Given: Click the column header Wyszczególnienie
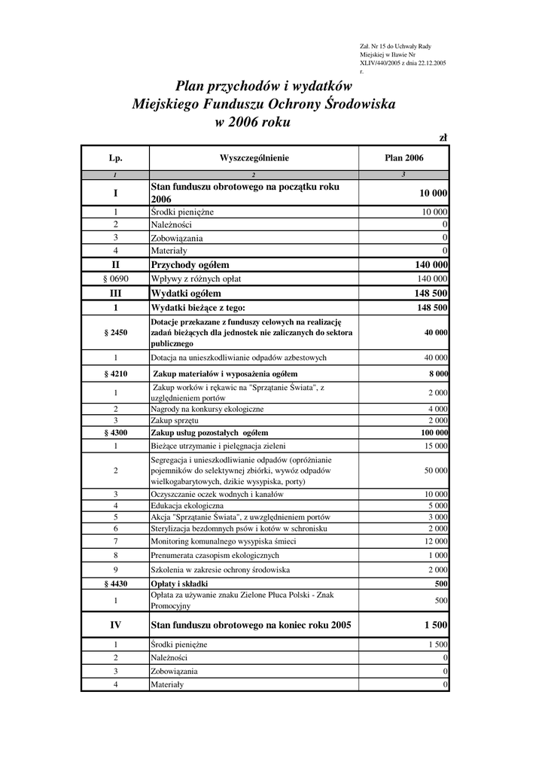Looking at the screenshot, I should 254,158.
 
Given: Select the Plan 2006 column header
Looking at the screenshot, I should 404,158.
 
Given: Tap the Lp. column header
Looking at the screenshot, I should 115,158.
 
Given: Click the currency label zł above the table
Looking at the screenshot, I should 443,137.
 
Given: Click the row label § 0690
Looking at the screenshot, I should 115,279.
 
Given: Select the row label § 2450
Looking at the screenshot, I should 115,332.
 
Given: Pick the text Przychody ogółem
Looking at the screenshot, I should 190,265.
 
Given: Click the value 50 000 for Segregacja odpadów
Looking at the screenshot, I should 436,470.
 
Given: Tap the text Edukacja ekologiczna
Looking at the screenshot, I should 187,505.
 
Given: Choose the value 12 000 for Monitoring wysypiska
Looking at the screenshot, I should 436,541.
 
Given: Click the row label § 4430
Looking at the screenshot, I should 115,584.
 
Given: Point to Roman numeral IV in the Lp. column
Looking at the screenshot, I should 115,625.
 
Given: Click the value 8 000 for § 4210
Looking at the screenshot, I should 438,373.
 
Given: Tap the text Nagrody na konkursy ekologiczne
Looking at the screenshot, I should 207,409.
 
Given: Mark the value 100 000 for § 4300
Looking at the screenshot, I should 434,433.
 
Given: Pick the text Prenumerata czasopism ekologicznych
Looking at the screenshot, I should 215,555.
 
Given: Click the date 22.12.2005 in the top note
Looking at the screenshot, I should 430,62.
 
